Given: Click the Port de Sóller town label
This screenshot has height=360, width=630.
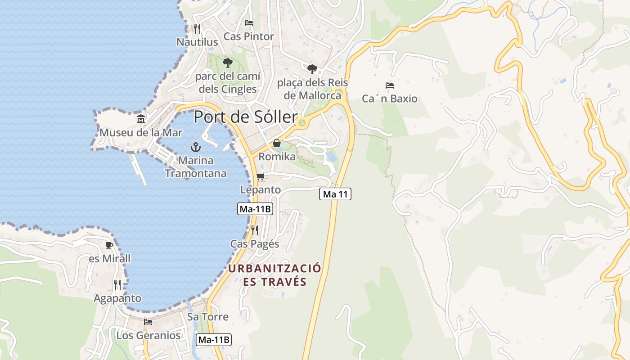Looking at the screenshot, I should (245, 117).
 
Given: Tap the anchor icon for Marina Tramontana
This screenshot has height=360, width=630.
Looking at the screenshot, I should (196, 147).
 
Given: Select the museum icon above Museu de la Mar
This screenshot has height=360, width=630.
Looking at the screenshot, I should (141, 119).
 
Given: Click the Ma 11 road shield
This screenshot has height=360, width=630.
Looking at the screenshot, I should (335, 194).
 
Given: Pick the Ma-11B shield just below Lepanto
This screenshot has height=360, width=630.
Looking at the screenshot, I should (255, 209).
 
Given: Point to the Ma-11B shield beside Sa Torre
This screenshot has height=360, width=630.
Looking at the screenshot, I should (214, 340).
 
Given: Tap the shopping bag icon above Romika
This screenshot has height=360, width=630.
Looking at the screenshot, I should (277, 143).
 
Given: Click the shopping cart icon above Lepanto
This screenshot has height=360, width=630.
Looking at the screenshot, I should (260, 176).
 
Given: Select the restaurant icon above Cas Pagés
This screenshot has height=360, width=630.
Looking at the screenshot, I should (255, 230).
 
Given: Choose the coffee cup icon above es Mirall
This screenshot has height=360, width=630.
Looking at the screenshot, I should (109, 245).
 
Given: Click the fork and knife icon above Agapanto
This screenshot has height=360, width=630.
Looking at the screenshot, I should (117, 285).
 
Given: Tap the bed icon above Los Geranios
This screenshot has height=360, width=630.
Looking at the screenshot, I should (148, 322).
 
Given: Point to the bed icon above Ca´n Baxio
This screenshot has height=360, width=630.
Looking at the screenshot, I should (390, 85).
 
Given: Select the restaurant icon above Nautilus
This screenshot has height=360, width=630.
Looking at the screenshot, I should (197, 29).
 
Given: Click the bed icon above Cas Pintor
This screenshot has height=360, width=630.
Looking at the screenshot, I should (249, 23).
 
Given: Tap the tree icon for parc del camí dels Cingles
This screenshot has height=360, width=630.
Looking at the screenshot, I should (228, 63).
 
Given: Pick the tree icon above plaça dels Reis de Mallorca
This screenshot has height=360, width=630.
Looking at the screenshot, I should (312, 69).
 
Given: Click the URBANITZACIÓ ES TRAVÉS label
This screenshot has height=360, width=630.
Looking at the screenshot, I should (275, 275).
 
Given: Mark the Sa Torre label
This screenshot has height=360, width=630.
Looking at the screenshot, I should (208, 317).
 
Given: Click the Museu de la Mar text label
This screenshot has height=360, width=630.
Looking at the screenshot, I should (141, 133).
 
